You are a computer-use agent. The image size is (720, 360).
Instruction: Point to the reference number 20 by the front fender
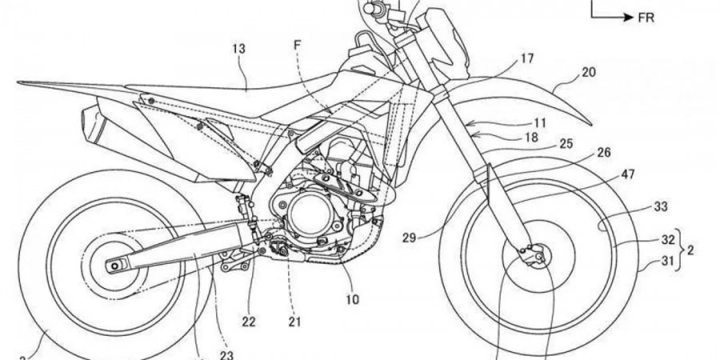[588, 73]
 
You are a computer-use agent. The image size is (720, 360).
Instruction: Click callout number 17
[526, 58]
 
